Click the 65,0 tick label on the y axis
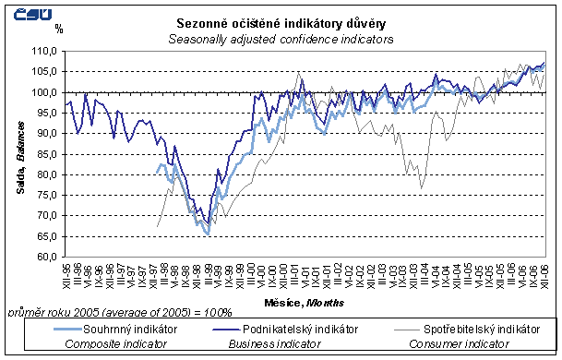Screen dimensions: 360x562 click(44, 235)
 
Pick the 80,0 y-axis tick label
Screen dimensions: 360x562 click(44, 174)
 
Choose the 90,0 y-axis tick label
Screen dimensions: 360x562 click(44, 133)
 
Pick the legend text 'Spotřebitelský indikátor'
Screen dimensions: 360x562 click(480, 328)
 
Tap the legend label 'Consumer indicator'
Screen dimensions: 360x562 click(450, 343)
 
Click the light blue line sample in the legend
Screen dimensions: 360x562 click(50, 328)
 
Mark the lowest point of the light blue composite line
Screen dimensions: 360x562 click(209, 234)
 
